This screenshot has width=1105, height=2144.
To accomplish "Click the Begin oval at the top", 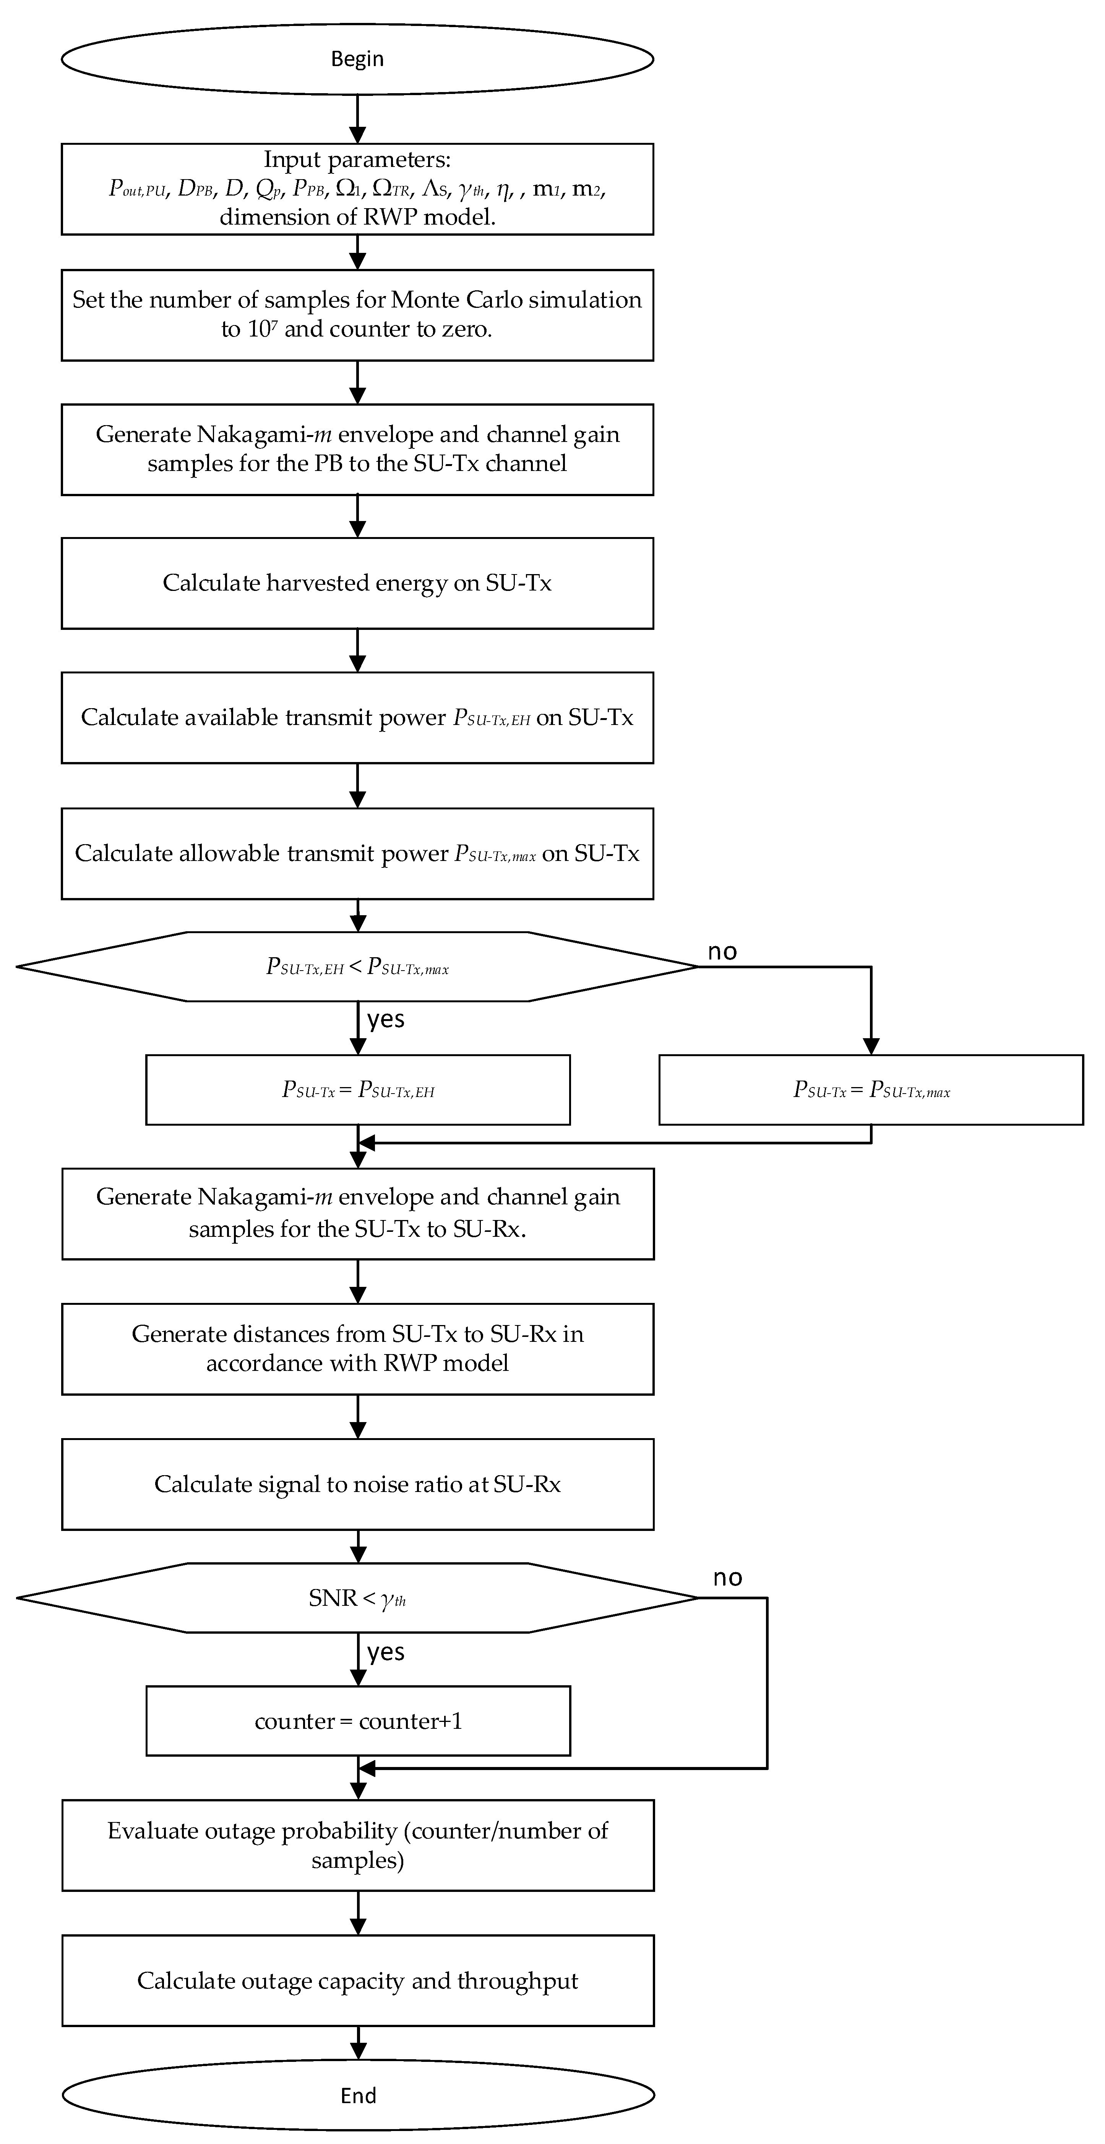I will tap(357, 59).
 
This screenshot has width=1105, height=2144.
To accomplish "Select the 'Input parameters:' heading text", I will tap(357, 160).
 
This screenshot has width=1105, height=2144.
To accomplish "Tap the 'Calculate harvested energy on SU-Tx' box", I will tap(357, 583).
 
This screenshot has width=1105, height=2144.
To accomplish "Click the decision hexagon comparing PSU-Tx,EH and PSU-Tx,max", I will tap(357, 966).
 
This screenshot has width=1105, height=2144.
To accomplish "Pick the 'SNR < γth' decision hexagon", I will tap(357, 1597).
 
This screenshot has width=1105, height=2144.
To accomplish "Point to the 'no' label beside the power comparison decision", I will tap(722, 951).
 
